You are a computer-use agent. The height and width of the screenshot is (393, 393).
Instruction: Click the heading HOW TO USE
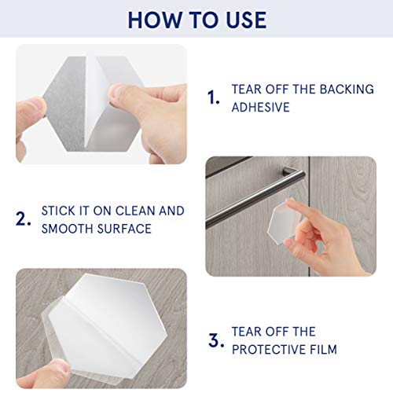click(196, 19)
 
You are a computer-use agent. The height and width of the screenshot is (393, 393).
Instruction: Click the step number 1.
click(212, 97)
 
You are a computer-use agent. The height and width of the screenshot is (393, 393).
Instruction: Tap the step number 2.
click(24, 220)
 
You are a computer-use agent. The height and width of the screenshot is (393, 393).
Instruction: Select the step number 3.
click(212, 340)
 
